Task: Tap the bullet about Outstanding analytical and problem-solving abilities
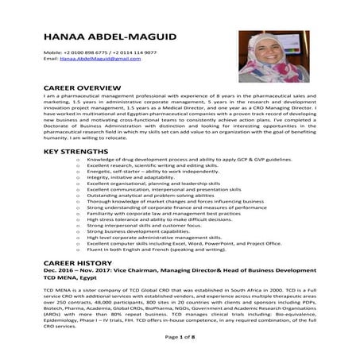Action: click(x=148, y=197)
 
